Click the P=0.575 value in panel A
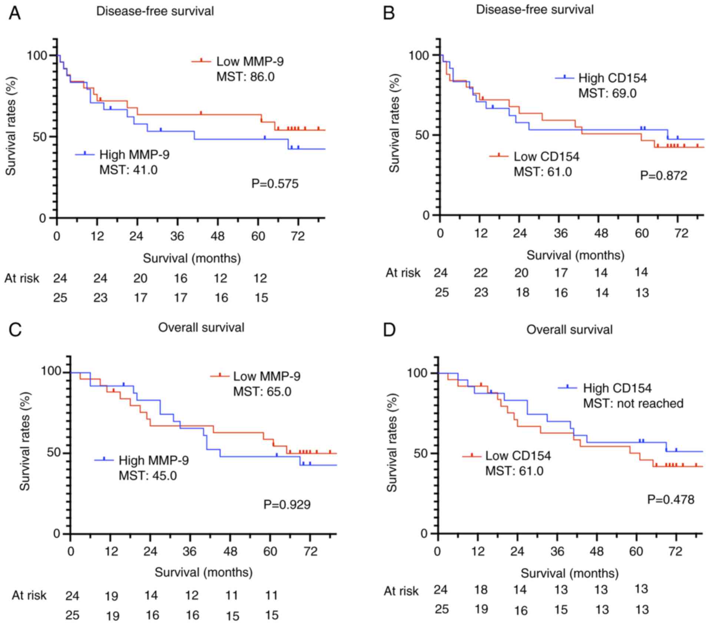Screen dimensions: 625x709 [x=275, y=184]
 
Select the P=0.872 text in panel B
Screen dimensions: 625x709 [x=663, y=175]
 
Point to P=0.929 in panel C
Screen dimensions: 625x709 [x=287, y=505]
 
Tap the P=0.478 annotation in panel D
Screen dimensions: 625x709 [x=670, y=500]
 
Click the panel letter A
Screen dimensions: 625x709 [x=15, y=14]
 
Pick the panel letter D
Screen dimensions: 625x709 [x=389, y=330]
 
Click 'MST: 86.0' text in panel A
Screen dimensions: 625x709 [x=245, y=77]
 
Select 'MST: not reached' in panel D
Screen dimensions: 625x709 [x=633, y=403]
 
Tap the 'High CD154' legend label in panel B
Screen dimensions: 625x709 [x=613, y=78]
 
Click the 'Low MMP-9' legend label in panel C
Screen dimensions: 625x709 [x=267, y=376]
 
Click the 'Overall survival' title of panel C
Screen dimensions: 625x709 [x=201, y=328]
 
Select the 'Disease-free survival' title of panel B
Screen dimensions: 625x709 [x=535, y=10]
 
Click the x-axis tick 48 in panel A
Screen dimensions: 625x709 [x=218, y=236]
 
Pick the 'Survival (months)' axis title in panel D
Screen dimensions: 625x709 [x=570, y=573]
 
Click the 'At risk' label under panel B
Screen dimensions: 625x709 [x=403, y=273]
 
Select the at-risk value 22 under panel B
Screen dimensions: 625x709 [x=481, y=273]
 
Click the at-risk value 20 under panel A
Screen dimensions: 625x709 [x=140, y=278]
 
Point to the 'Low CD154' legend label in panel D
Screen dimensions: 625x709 [x=518, y=456]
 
